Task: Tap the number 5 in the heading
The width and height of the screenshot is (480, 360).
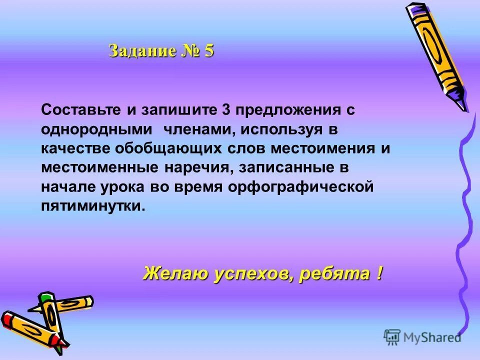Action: [x=208, y=51]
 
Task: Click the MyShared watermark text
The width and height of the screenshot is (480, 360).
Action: [x=432, y=337]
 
